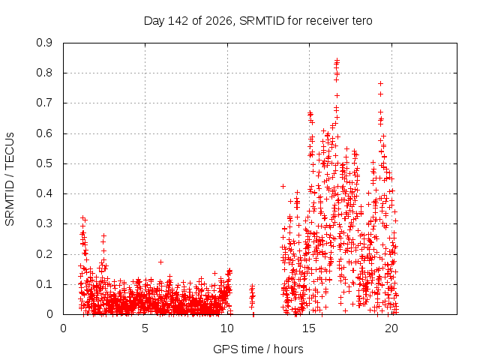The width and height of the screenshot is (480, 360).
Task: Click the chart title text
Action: coord(258,21)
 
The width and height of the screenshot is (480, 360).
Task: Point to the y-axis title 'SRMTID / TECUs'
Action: coord(10,179)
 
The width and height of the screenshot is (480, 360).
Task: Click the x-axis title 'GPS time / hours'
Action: coord(258,349)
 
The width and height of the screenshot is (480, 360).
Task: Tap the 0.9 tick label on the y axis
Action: coord(44,43)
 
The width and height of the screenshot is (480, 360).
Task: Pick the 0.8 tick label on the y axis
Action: coord(44,73)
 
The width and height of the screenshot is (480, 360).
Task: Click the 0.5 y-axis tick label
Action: coord(44,163)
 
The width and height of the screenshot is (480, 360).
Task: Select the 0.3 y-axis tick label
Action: coord(44,223)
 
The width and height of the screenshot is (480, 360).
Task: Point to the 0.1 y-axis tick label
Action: coord(44,284)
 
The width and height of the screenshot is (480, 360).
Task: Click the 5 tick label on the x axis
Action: coord(145,328)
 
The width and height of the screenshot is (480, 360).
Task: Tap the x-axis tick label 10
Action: coord(226,328)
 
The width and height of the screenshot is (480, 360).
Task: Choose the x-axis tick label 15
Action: coord(309,328)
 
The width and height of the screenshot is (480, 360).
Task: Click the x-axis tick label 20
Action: coord(391,328)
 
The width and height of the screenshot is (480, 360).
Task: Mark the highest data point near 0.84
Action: coord(337,60)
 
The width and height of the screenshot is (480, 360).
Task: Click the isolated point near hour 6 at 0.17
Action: coord(160,262)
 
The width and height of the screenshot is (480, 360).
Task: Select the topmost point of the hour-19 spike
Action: coord(380,83)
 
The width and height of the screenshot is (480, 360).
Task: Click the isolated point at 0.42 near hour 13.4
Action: coord(283,186)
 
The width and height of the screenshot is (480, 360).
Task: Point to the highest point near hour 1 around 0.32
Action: coord(82,218)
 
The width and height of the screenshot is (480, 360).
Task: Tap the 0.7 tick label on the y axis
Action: coord(44,103)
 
